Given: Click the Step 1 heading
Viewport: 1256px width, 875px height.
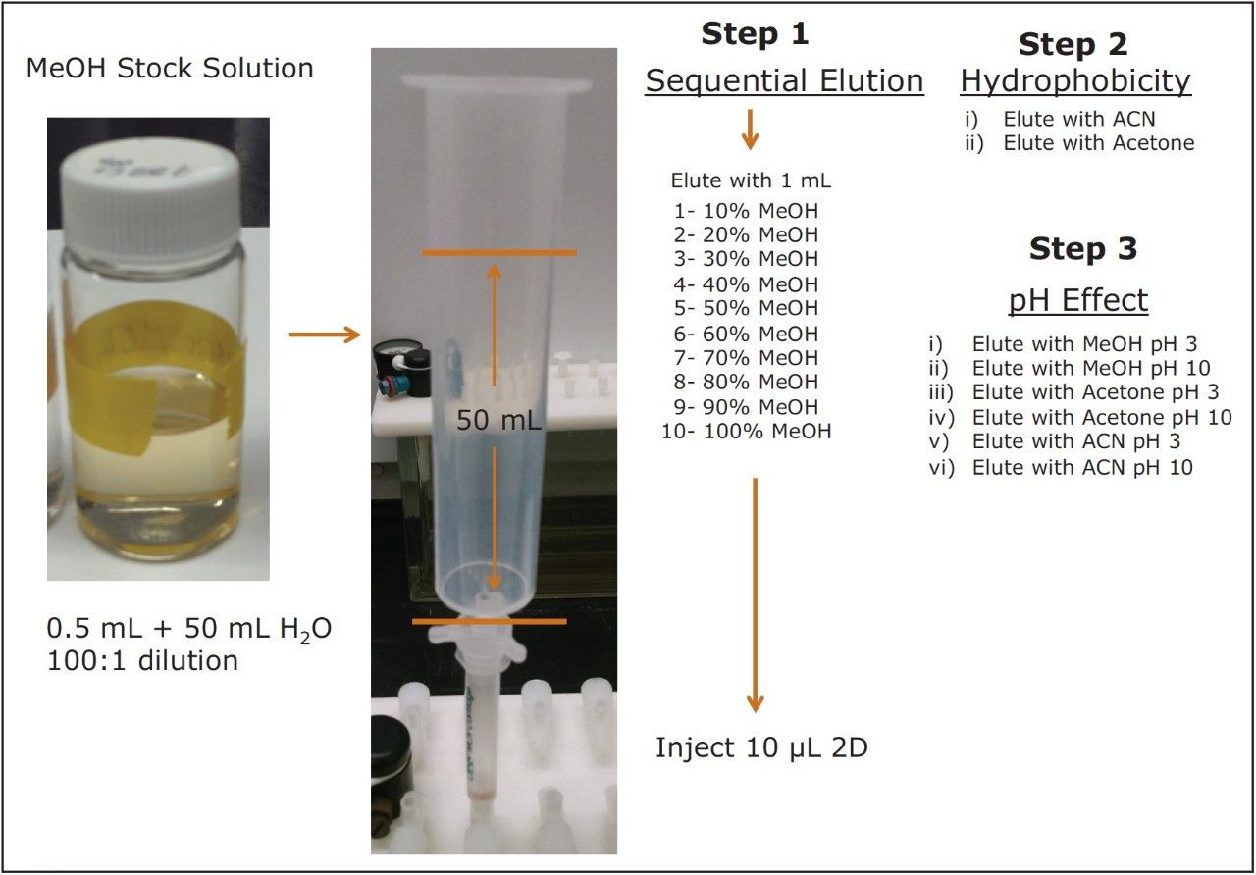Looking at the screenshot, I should point(755,34).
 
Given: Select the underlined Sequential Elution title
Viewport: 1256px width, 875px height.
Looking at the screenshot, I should point(784,80).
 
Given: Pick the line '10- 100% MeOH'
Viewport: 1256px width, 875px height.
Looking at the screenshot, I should point(746,431).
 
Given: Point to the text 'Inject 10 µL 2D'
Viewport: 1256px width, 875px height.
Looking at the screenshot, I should point(761,748).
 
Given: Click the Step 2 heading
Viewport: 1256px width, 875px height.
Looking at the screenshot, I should point(1073,44).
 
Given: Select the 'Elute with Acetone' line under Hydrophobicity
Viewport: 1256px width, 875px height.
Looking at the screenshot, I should point(1098,143).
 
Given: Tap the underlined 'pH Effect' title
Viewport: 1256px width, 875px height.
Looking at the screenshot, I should point(1077,299).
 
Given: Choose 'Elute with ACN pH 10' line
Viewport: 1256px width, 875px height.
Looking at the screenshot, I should point(1082,467).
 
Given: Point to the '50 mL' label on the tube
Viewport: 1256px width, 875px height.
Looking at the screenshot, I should point(498,421).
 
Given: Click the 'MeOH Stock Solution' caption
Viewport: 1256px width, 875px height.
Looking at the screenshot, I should point(170,69).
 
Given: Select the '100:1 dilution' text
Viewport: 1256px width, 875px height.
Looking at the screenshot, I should point(142,660).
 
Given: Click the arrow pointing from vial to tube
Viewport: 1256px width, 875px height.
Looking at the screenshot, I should point(325,335).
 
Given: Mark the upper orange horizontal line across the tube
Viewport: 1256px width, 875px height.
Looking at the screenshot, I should point(499,253).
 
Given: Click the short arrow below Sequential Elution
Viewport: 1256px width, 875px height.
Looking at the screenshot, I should point(750,129).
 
